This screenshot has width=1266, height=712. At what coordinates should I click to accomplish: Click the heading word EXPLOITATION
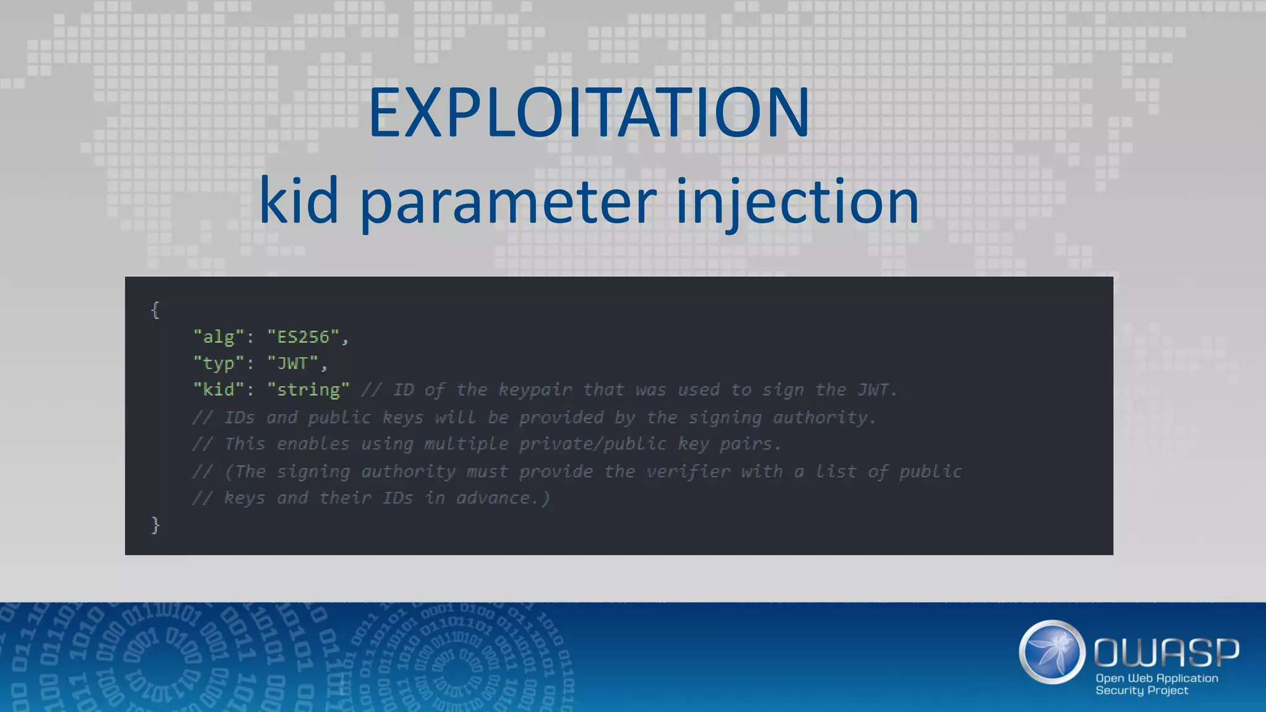click(x=588, y=112)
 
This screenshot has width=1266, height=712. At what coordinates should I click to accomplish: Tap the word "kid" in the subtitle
click(x=299, y=201)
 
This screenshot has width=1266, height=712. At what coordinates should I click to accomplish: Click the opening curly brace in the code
click(x=155, y=310)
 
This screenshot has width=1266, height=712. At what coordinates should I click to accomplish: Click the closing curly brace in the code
click(x=155, y=525)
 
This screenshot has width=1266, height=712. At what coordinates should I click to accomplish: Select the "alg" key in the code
click(x=219, y=337)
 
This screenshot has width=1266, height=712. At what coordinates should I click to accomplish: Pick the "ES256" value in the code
click(x=304, y=337)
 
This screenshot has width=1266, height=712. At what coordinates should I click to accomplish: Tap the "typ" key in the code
click(x=219, y=363)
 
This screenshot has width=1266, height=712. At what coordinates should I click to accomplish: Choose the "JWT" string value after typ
click(x=293, y=363)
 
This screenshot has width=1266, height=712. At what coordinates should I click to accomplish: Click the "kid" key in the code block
click(x=219, y=390)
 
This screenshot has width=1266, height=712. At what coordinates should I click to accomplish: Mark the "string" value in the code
click(x=308, y=390)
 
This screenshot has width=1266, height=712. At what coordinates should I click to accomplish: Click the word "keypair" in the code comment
click(x=535, y=390)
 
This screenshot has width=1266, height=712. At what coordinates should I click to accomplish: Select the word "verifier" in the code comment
click(x=688, y=472)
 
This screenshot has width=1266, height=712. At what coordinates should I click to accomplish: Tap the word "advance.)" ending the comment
click(x=503, y=498)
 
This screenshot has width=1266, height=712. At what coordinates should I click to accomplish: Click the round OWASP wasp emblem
click(x=1051, y=652)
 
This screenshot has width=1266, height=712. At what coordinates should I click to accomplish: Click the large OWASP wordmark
click(x=1166, y=653)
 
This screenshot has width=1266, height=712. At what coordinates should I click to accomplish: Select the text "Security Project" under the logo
click(x=1142, y=690)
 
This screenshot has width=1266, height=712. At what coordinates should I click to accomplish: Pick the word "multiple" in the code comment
click(x=466, y=444)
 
